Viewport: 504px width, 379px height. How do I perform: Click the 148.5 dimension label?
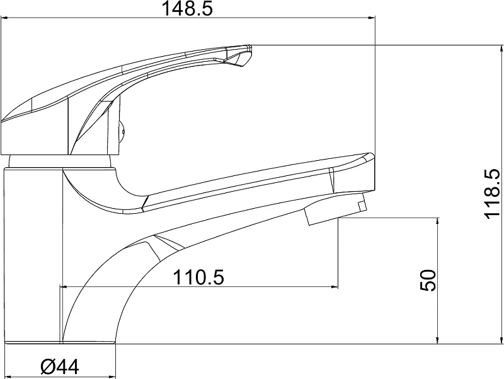click(x=187, y=8)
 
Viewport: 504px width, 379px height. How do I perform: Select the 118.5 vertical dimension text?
click(x=493, y=194)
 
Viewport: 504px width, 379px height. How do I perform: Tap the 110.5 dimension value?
click(x=198, y=277)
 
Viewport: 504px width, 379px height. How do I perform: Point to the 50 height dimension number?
click(x=428, y=280)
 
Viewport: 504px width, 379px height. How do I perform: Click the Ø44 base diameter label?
click(x=60, y=366)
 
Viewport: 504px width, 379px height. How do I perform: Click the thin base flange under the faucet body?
click(x=60, y=342)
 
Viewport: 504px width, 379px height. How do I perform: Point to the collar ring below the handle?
click(x=60, y=161)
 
